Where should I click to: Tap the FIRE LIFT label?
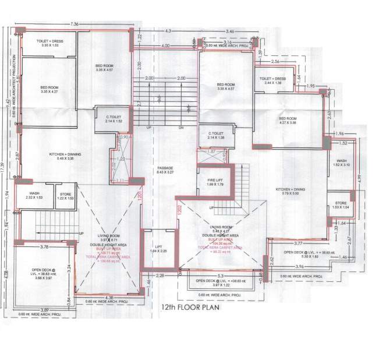[215, 183]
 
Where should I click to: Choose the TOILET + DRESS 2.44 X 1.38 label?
[274, 80]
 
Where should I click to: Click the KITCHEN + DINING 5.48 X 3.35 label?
[61, 156]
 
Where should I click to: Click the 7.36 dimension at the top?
[73, 24]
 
